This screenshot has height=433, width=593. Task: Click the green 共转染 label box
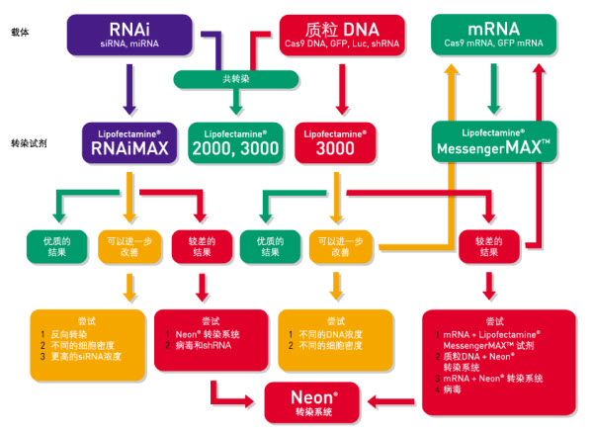(x=235, y=77)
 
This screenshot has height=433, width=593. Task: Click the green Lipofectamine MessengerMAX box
(x=494, y=142)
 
